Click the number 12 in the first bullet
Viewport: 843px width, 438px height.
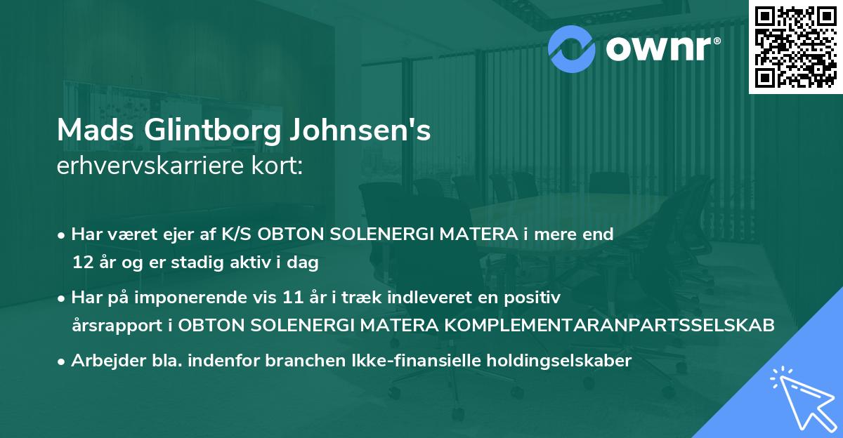81,263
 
